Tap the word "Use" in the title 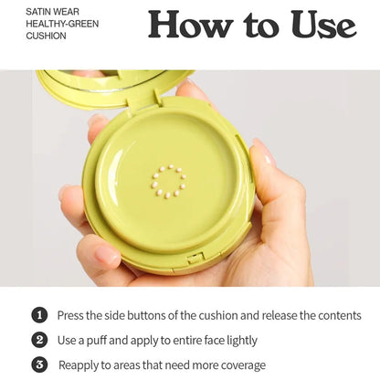point(323,25)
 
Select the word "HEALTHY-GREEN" point(62,24)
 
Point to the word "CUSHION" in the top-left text point(46,36)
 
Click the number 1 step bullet point(39,315)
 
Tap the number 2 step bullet point(39,340)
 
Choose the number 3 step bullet point(39,364)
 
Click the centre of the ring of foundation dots point(169,181)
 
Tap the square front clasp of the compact point(195,258)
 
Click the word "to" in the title point(261,25)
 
